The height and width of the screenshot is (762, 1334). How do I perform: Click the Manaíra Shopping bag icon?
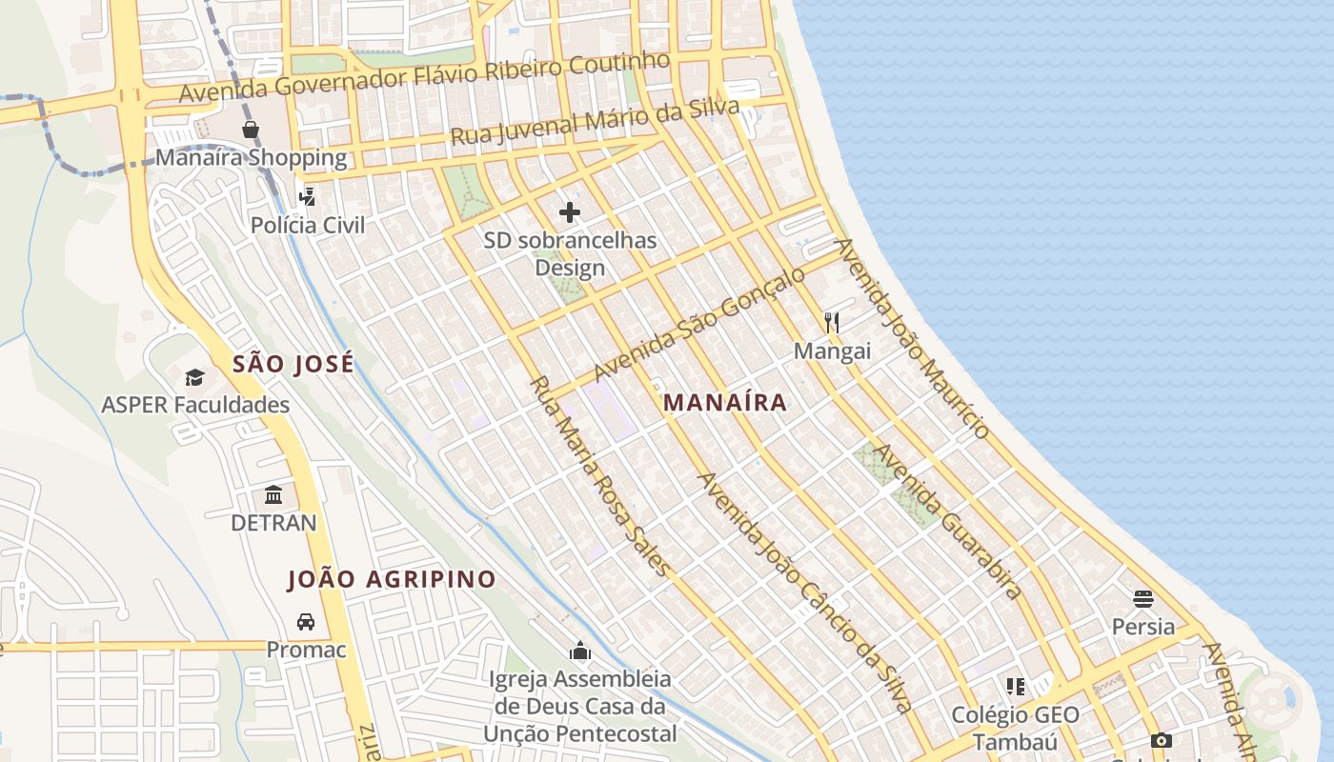251,130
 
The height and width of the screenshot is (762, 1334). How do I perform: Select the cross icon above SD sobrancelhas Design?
570,211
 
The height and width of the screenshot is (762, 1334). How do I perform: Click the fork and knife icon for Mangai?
832,323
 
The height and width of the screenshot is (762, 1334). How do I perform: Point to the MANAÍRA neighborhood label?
725,402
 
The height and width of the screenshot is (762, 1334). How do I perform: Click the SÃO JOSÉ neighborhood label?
293,364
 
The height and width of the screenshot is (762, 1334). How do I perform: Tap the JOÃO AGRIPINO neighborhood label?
392,579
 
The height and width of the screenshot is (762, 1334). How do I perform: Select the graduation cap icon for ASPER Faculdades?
194,377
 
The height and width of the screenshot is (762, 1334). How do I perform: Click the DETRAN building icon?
273,494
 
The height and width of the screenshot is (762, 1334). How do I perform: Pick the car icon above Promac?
306,622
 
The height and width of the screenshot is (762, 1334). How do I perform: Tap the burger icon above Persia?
1143,599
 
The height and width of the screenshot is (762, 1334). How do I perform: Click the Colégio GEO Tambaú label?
1016,728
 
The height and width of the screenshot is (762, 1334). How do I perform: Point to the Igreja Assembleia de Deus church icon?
579,652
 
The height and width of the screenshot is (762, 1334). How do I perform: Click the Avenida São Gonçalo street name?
699,324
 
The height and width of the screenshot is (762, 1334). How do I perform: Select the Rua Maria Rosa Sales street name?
599,476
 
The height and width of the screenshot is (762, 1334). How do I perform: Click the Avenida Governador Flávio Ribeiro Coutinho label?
424,77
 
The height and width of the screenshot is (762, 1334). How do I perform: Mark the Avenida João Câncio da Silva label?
806,592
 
